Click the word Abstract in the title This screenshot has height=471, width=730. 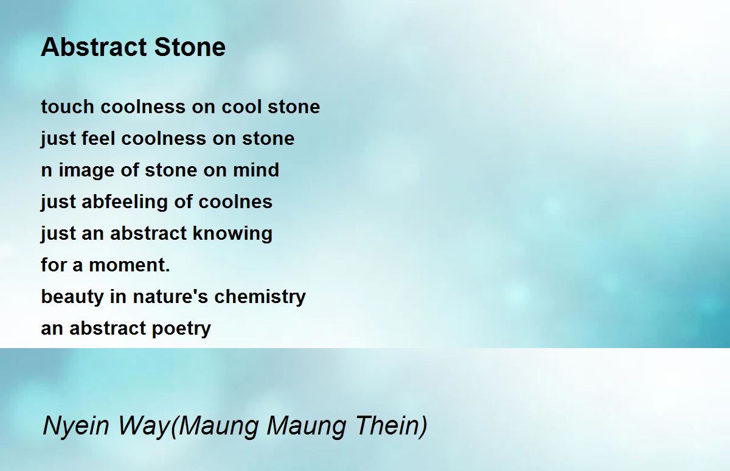[94, 47]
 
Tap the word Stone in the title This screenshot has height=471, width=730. [190, 47]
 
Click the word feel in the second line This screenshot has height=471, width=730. [99, 138]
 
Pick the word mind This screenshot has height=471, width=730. [256, 170]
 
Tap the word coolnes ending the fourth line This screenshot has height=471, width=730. [235, 201]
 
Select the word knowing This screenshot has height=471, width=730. [232, 234]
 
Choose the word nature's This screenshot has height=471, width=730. [170, 296]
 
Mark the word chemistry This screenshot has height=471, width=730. [260, 297]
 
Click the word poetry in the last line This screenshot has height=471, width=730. [181, 329]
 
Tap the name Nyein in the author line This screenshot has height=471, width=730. [76, 426]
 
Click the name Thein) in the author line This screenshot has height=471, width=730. [391, 425]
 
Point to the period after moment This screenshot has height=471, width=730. [167, 270]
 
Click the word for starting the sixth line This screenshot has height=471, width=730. [53, 265]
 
